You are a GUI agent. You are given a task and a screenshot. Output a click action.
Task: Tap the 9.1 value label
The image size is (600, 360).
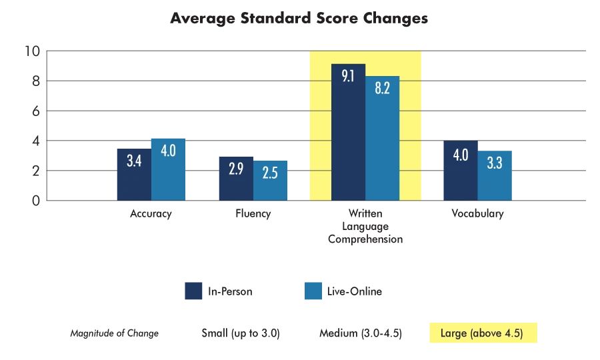point(348,75)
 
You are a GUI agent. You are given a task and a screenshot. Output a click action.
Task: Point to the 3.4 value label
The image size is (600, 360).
point(133,161)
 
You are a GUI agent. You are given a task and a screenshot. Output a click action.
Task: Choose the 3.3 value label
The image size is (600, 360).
point(495,163)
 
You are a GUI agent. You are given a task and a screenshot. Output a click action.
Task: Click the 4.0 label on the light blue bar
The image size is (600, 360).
point(168,150)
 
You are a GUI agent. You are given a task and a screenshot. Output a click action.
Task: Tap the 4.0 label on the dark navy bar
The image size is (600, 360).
point(460,155)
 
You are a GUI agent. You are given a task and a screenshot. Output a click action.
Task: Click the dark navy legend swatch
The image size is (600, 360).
point(193,291)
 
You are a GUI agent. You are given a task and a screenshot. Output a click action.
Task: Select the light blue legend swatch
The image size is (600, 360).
point(314,291)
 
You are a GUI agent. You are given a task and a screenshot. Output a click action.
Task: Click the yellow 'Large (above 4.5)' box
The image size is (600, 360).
point(481,333)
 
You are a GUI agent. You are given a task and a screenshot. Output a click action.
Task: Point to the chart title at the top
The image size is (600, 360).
point(299,18)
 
